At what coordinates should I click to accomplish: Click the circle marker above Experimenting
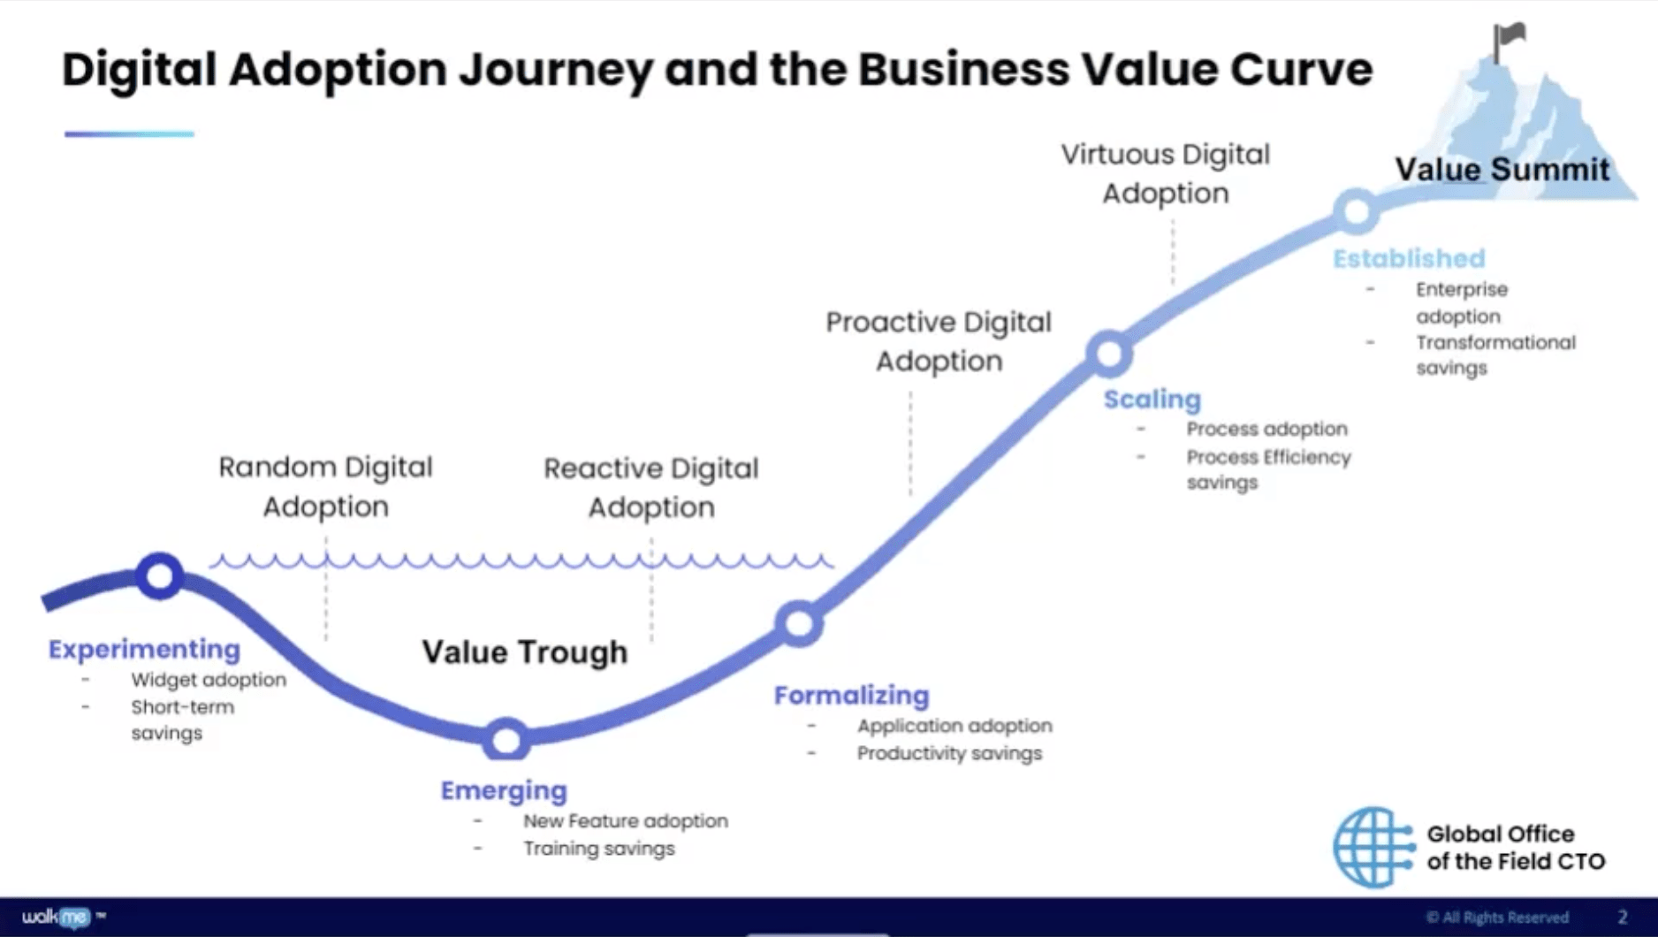point(160,576)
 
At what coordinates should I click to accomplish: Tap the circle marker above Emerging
point(506,740)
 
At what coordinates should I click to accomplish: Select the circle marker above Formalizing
point(799,624)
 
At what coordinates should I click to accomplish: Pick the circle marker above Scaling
point(1109,354)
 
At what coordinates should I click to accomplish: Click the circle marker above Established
point(1357,210)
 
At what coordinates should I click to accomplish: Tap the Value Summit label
point(1502,169)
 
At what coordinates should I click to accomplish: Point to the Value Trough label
point(524,652)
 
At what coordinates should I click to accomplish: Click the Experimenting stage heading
point(144,649)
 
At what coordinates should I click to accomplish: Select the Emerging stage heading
point(504,790)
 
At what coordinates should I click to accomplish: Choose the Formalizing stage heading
point(851,696)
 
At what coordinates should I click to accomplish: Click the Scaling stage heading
point(1152,400)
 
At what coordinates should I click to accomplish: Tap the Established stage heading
point(1409,258)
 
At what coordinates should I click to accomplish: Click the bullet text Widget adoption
point(209,680)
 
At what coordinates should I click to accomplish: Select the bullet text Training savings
point(598,849)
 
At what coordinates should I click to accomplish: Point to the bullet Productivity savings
point(949,753)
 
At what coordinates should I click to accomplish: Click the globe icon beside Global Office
point(1373,847)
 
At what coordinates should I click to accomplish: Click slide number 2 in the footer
point(1623,918)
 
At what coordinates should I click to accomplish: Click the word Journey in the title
point(556,70)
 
